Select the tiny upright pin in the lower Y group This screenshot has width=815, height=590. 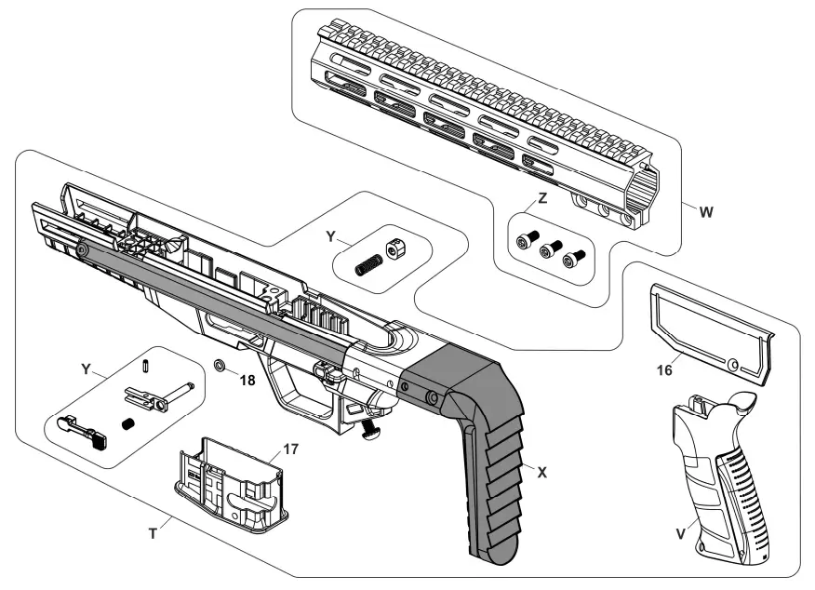pyautogui.click(x=147, y=365)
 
